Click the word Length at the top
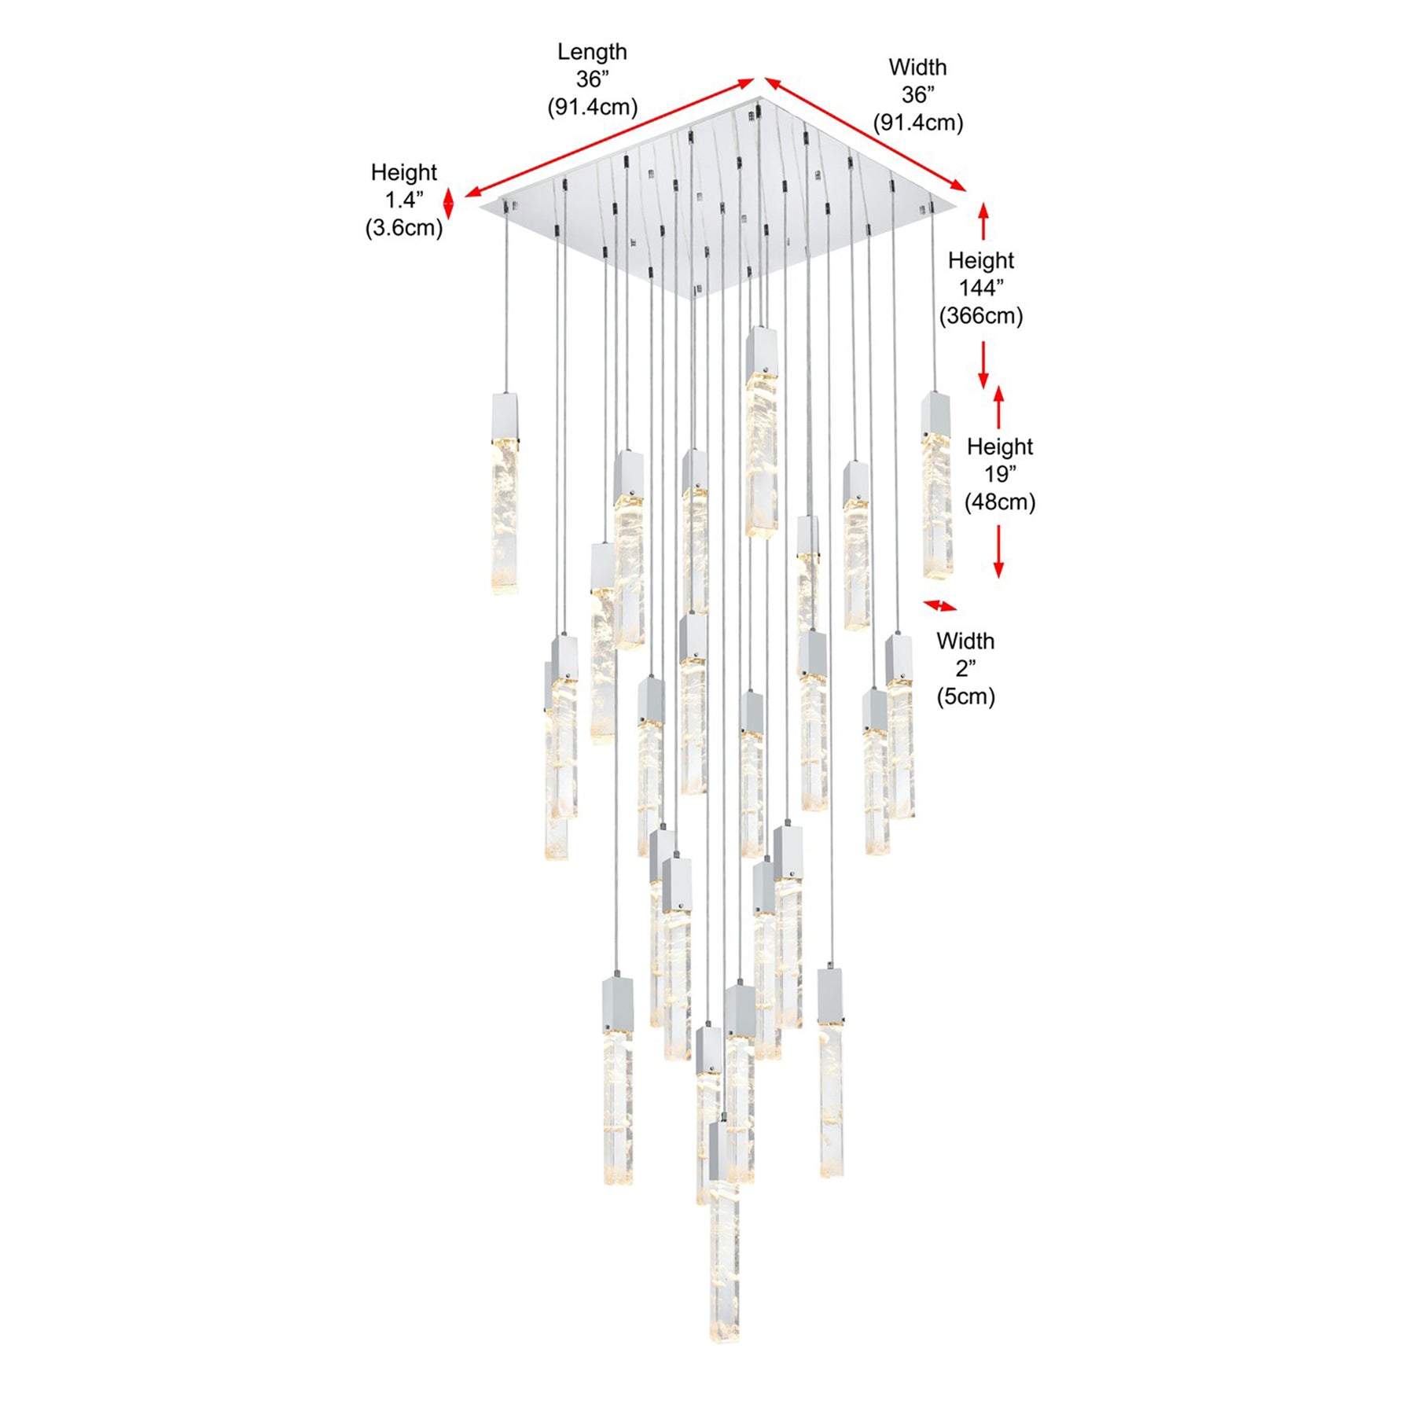coord(592,52)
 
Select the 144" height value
coord(981,288)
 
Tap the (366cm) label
coord(981,316)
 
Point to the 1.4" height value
coord(404,200)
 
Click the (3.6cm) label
coord(404,228)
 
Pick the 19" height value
coord(1000,474)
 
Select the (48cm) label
coord(1000,502)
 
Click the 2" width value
coord(965,668)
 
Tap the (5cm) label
coord(965,696)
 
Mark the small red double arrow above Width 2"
coord(940,605)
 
